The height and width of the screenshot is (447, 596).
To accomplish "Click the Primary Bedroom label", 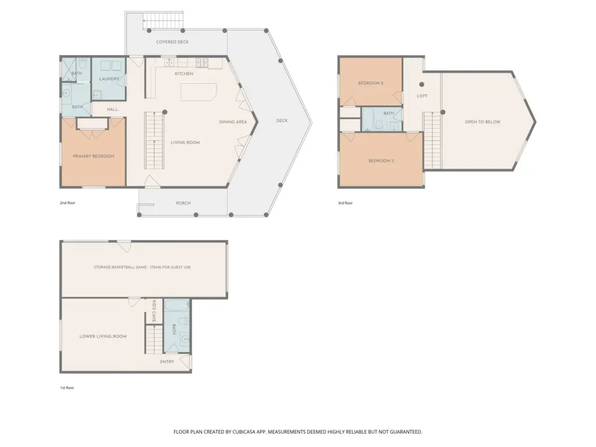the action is point(94,156).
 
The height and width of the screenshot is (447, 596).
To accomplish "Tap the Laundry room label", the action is point(109,79).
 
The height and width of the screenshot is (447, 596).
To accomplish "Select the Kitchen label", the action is point(184,74).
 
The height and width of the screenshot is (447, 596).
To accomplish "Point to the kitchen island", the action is point(198,92).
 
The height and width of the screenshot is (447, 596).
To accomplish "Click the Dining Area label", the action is point(233,122).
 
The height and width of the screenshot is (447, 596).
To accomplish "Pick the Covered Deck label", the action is point(172,42).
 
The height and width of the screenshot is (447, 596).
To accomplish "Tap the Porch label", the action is point(183,203).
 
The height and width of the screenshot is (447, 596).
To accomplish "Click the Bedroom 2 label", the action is point(371,83).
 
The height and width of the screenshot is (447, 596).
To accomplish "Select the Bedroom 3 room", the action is point(381,159).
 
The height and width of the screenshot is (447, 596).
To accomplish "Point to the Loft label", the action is point(422,96).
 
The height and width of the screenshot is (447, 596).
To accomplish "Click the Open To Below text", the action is point(483,122).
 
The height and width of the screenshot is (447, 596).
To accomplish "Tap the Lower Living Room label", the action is point(103,336).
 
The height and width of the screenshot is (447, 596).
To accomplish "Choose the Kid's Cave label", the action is point(154,311).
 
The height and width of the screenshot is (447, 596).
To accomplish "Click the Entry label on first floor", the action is point(167,362).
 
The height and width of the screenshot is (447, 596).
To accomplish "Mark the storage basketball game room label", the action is point(142,267).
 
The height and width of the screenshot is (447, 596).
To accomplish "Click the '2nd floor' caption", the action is point(68,203).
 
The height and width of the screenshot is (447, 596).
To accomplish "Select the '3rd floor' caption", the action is point(345,203).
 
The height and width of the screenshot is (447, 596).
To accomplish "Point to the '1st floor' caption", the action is point(67,388).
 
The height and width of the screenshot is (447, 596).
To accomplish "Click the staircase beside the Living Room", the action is point(154,141).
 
